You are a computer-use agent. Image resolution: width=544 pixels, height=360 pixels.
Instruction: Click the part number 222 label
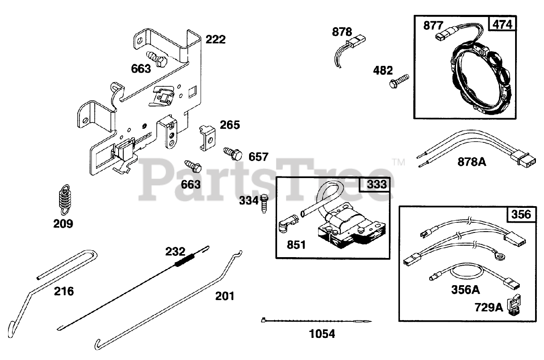(x=215, y=40)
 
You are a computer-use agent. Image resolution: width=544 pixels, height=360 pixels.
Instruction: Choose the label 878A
(x=472, y=162)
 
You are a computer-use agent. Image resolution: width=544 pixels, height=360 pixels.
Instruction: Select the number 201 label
(x=224, y=295)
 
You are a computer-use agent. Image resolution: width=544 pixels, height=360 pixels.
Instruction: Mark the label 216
(x=64, y=291)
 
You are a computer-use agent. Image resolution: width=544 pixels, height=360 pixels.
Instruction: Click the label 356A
(x=465, y=290)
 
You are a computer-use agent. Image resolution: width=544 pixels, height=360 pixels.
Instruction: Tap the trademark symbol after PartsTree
(x=398, y=162)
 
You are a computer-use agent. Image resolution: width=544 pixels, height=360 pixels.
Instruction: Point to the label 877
(x=433, y=26)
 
